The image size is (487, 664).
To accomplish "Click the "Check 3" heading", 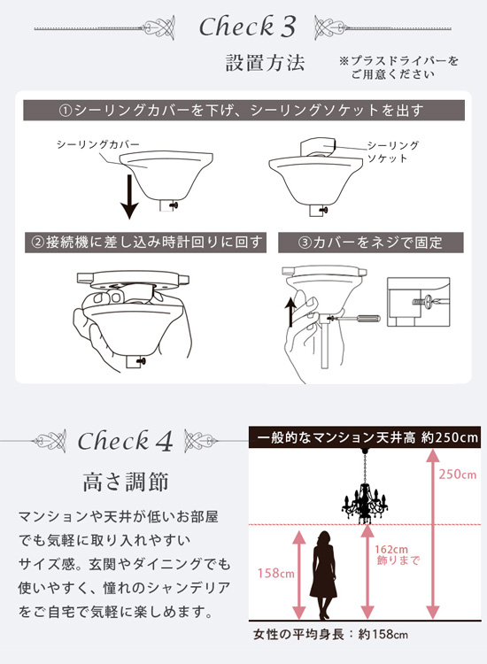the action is pyautogui.click(x=247, y=27).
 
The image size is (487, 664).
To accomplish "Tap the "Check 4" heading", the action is pyautogui.click(x=126, y=441).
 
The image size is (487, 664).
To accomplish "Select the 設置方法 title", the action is pyautogui.click(x=265, y=63).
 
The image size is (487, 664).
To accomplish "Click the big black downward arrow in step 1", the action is pyautogui.click(x=129, y=196).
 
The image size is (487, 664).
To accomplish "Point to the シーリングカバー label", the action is pyautogui.click(x=97, y=145).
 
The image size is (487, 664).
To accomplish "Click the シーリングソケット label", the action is pyautogui.click(x=392, y=152).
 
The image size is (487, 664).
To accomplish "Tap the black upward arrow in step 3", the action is pyautogui.click(x=290, y=312).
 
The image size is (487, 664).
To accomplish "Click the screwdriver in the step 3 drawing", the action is pyautogui.click(x=355, y=319).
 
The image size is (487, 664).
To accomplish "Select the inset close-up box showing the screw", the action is pyautogui.click(x=419, y=302).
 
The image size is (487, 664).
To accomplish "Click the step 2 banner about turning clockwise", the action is pyautogui.click(x=146, y=243).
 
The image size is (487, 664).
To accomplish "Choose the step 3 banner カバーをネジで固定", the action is pyautogui.click(x=370, y=243).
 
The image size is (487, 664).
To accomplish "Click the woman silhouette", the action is pyautogui.click(x=324, y=575).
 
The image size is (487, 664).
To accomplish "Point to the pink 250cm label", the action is pyautogui.click(x=458, y=474).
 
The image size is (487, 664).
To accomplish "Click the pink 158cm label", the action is pyautogui.click(x=276, y=574).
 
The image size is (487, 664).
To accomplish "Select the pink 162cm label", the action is pyautogui.click(x=391, y=550).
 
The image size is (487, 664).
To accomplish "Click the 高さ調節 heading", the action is pyautogui.click(x=126, y=482).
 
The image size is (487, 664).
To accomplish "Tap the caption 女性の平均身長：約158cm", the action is pyautogui.click(x=331, y=635).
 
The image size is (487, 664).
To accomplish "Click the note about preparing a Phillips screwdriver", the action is pyautogui.click(x=398, y=67).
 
